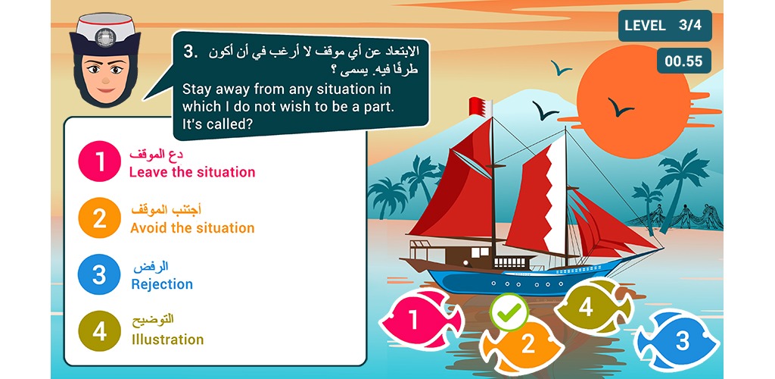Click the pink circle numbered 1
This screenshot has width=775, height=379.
point(99,161)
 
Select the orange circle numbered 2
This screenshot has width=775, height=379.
point(99,218)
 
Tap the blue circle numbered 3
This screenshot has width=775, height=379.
point(99,274)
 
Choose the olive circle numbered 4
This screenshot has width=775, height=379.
point(99,330)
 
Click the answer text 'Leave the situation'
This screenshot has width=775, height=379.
point(192,172)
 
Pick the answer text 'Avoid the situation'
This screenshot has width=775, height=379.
point(192,228)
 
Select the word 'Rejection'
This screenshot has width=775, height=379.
point(162,284)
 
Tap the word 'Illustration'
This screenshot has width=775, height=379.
point(167,340)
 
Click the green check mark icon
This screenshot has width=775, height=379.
point(509,312)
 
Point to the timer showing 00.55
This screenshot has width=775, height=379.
point(683,61)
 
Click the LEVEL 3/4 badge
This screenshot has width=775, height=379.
point(665,26)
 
